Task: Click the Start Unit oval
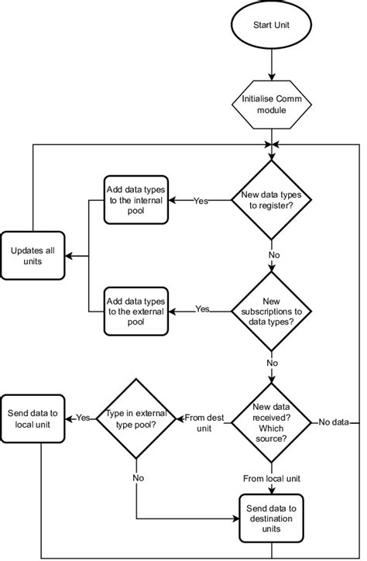pyautogui.click(x=272, y=26)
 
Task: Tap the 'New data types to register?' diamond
pyautogui.click(x=272, y=200)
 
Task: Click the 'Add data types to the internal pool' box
pyautogui.click(x=136, y=200)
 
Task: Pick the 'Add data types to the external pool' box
pyautogui.click(x=136, y=311)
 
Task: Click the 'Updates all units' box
pyautogui.click(x=33, y=256)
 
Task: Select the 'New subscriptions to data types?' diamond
pyautogui.click(x=272, y=311)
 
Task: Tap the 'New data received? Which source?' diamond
pyautogui.click(x=272, y=422)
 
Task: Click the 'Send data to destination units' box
pyautogui.click(x=272, y=518)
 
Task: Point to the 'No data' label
pyautogui.click(x=334, y=422)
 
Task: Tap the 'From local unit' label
pyautogui.click(x=272, y=477)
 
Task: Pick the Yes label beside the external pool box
pyautogui.click(x=202, y=309)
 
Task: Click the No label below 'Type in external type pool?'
pyautogui.click(x=137, y=478)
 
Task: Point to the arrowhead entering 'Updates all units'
pyautogui.click(x=69, y=256)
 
